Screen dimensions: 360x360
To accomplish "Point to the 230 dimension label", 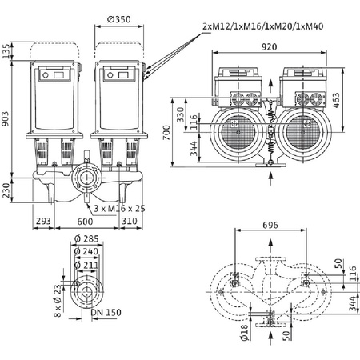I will [7, 190].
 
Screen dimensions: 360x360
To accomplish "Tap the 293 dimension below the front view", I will [43, 222].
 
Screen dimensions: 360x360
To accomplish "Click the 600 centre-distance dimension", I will [85, 222].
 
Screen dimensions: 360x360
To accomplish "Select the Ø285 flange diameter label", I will [82, 238].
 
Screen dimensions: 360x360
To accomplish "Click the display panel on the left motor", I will [58, 76].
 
